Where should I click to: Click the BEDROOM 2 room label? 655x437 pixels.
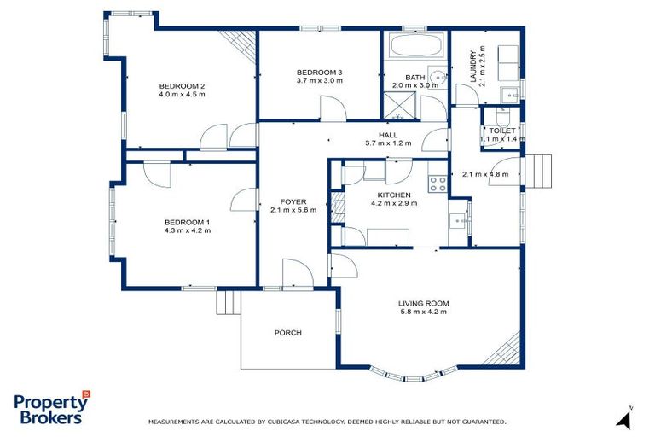tap(182, 86)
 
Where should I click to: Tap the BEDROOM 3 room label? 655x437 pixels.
tap(320, 72)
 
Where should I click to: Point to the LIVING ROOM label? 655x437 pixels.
tap(423, 303)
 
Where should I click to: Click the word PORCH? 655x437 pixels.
tap(287, 333)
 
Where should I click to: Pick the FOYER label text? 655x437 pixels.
tap(293, 201)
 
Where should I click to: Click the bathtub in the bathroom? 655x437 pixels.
tap(413, 44)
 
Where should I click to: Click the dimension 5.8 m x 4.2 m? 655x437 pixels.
tap(423, 312)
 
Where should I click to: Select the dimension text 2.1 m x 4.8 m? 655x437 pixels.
tap(484, 174)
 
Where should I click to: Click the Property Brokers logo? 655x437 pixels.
tap(51, 409)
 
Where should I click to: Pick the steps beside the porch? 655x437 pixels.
tap(228, 302)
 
